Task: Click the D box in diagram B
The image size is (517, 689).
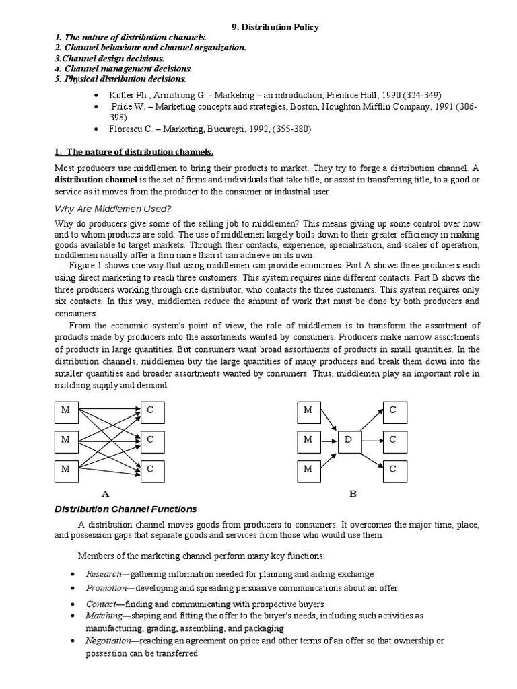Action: click(348, 439)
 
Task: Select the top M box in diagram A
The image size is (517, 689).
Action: click(65, 410)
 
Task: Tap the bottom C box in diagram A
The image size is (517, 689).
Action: click(151, 469)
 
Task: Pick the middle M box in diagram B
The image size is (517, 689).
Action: click(308, 439)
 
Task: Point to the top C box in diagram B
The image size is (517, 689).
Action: click(394, 410)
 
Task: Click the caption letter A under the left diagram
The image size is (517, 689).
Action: click(104, 493)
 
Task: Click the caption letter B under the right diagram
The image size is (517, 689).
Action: click(352, 493)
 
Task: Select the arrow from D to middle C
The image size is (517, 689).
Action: click(371, 440)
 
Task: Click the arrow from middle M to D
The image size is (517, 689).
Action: click(328, 440)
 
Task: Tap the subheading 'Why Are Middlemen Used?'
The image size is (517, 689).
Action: click(112, 209)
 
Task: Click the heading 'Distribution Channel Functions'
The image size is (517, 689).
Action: click(125, 509)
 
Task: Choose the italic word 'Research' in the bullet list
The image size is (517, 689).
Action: click(103, 574)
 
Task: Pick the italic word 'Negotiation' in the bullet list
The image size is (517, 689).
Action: click(108, 641)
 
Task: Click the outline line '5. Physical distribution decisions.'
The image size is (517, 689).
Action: click(119, 78)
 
